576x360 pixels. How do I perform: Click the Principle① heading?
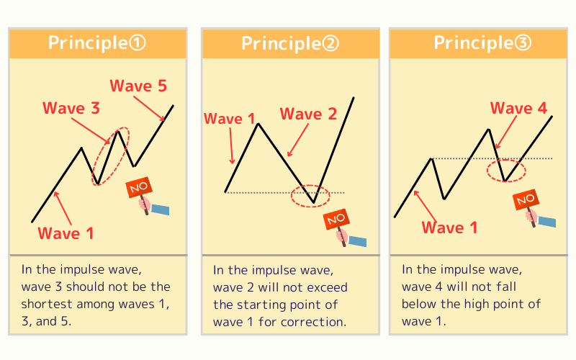[97, 43]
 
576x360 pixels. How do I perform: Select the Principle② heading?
[289, 44]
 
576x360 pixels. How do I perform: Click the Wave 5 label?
[138, 86]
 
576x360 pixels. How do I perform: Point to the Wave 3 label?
[71, 109]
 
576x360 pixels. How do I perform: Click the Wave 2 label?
[308, 114]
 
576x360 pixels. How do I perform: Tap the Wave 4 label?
[519, 109]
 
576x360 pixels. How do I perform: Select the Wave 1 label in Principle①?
[66, 233]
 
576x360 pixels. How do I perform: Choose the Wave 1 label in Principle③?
[449, 228]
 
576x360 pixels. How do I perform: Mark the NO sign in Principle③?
[525, 199]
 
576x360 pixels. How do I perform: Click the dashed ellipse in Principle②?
[310, 194]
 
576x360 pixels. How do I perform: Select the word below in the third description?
[418, 304]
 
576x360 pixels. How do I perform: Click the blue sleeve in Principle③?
[548, 222]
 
